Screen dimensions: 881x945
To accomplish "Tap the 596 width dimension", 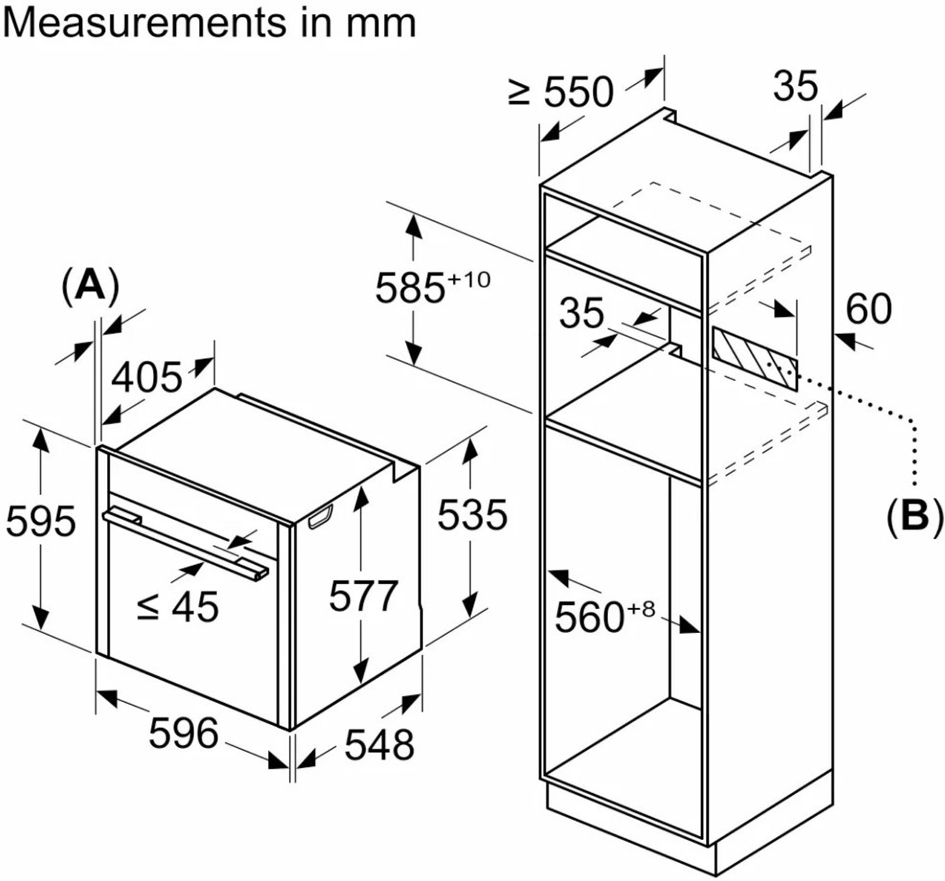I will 186,734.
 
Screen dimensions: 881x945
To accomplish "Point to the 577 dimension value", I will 362,596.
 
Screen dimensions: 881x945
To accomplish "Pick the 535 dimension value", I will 472,516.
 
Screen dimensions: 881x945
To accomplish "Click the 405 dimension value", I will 147,379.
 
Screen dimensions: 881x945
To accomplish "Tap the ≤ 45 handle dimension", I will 178,606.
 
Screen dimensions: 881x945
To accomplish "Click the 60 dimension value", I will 869,310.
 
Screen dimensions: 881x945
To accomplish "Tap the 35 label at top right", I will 795,87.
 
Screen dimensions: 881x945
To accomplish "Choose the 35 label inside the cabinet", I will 582,313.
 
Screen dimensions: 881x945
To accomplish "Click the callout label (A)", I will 91,285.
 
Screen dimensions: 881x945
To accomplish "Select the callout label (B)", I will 913,516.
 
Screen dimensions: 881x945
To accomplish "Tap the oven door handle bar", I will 187,542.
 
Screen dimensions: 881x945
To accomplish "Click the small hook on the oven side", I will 321,518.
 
